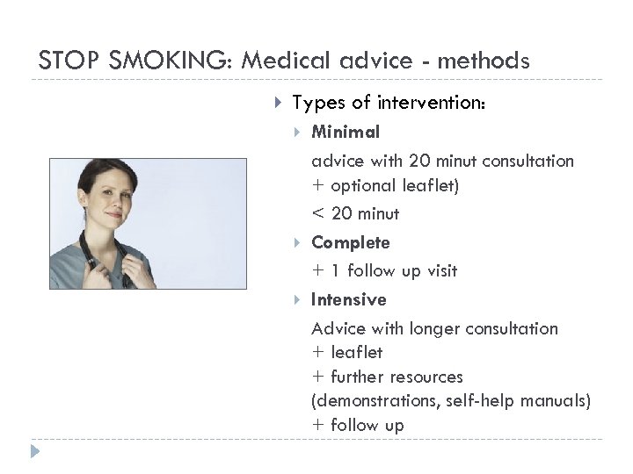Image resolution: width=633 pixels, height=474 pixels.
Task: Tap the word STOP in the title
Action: [x=63, y=61]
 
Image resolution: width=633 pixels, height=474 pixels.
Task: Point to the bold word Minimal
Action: [x=346, y=132]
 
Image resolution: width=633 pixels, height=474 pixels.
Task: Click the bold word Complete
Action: [x=350, y=241]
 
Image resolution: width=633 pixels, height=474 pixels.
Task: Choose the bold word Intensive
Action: [x=348, y=299]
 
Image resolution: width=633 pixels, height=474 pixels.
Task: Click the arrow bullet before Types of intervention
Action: [x=277, y=104]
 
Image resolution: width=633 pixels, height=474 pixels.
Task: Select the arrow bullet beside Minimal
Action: [x=298, y=133]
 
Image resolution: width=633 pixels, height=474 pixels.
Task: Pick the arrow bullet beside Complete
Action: [x=298, y=242]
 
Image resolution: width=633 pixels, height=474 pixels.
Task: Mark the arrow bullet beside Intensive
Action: [x=298, y=300]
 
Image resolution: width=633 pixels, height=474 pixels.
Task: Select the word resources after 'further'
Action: [x=430, y=377]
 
